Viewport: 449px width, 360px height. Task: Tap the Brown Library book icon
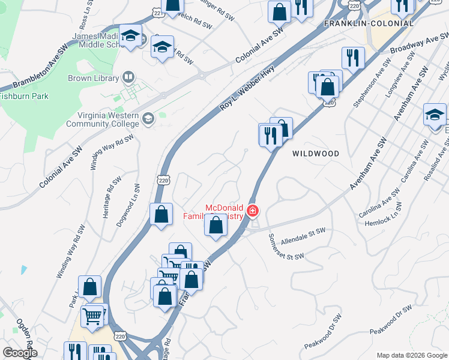[x=127, y=77]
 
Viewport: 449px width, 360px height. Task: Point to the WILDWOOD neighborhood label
[x=316, y=154]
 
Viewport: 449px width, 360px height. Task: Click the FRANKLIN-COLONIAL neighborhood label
[x=369, y=23]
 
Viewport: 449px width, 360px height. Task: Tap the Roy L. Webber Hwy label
[x=247, y=87]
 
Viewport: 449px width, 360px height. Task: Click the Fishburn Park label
[x=24, y=96]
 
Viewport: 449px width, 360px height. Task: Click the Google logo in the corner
[x=20, y=353]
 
